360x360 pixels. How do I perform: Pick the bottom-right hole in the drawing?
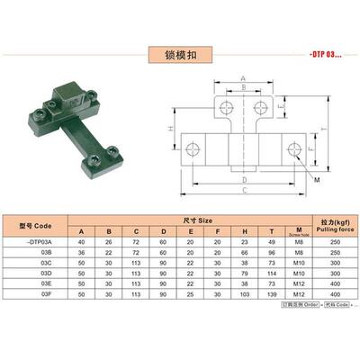coord(292,148)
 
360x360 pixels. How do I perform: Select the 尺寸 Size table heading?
coord(199,220)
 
